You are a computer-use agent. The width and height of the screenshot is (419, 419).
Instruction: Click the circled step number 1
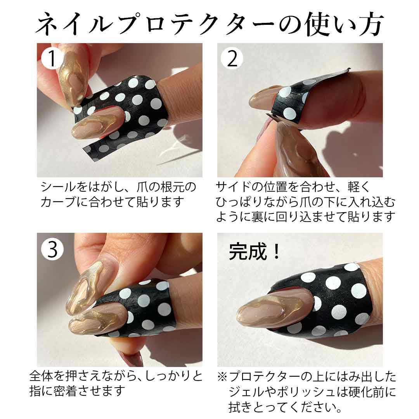52,58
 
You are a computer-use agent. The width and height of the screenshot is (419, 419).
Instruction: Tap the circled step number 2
232,58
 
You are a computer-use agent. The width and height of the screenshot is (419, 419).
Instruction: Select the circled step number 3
52,249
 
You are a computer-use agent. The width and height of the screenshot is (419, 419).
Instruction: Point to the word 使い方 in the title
345,24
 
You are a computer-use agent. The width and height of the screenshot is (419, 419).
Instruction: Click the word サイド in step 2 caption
233,187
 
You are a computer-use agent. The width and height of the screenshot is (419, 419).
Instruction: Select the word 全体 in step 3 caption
41,376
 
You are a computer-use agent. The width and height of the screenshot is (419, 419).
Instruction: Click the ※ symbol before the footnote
222,377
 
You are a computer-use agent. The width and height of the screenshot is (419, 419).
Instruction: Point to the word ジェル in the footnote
246,392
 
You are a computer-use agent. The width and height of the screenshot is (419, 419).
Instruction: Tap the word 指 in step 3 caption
35,391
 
